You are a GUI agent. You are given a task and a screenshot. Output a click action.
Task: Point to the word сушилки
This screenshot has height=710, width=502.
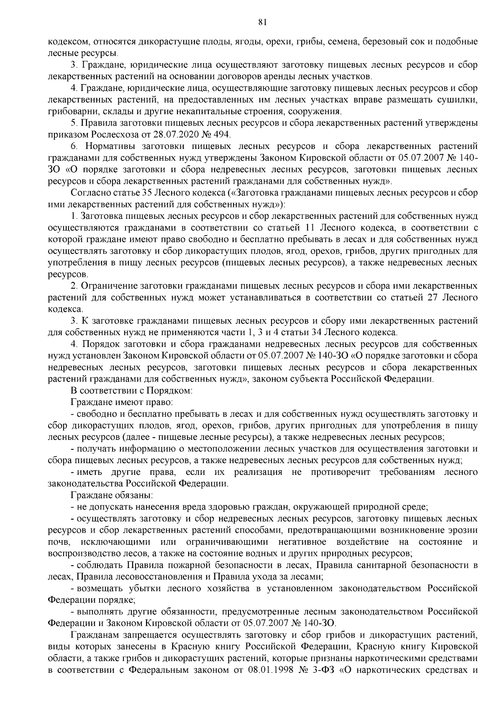point(462,100)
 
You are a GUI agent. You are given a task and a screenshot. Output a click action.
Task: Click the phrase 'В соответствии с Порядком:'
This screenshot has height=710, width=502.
point(132,391)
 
